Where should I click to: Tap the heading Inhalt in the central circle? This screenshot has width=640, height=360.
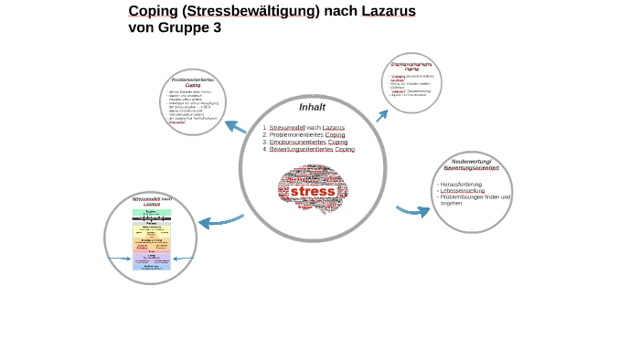pyautogui.click(x=312, y=108)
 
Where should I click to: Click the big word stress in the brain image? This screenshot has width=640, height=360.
pyautogui.click(x=313, y=193)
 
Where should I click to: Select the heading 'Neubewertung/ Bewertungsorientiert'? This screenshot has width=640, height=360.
pyautogui.click(x=472, y=164)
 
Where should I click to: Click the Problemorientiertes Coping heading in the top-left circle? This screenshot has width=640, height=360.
pyautogui.click(x=193, y=82)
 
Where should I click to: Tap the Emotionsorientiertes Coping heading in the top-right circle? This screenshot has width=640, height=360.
pyautogui.click(x=411, y=66)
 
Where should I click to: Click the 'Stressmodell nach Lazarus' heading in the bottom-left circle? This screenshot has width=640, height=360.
pyautogui.click(x=151, y=201)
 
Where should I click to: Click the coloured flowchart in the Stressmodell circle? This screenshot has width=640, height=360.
pyautogui.click(x=151, y=239)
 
